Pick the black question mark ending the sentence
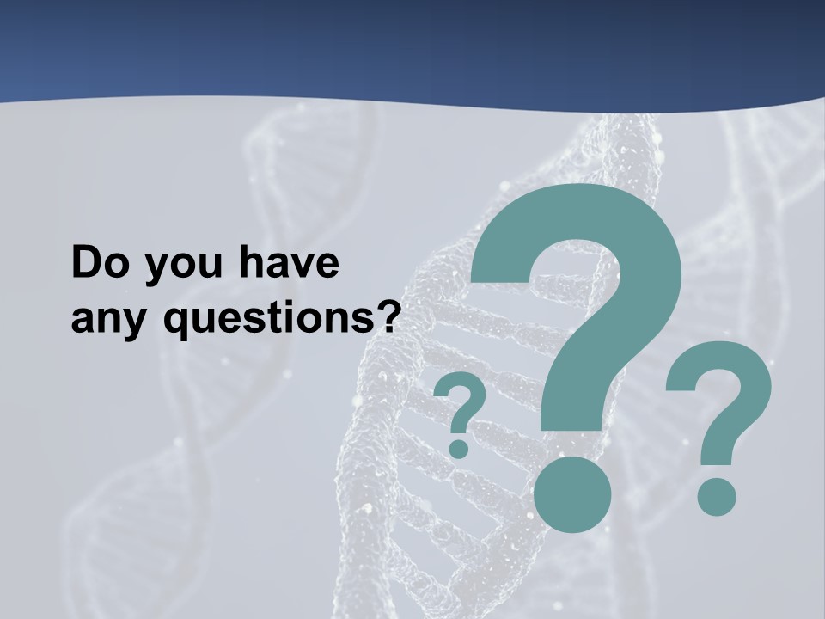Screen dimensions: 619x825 (x=391, y=316)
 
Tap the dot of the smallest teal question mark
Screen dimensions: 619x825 (x=460, y=448)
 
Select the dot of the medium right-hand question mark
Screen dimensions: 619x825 (x=716, y=496)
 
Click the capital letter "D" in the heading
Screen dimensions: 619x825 (x=86, y=263)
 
